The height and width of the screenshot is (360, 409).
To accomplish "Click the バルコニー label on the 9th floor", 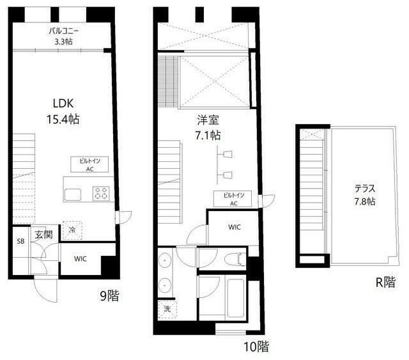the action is (64, 31).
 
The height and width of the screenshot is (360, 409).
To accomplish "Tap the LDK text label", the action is (63, 104).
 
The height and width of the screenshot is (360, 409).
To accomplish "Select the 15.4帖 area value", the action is (63, 120).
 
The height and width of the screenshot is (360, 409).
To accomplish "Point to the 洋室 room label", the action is (208, 120).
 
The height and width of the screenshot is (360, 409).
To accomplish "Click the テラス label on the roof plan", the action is (365, 189).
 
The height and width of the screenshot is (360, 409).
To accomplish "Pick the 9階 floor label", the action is (109, 296).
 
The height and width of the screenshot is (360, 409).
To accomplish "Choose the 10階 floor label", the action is (256, 347).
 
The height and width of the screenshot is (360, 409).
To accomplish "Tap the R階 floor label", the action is (385, 282).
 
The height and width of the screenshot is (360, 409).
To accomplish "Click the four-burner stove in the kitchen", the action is (101, 194).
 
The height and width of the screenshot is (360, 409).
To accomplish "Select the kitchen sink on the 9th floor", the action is (73, 195).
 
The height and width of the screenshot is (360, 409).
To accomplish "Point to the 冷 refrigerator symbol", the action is (72, 230).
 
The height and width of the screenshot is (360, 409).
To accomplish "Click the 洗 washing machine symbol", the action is (167, 309).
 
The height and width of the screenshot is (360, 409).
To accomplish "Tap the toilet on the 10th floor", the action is (238, 259).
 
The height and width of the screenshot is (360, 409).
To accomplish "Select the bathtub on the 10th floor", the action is (235, 298).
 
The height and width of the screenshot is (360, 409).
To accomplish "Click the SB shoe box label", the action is (20, 241).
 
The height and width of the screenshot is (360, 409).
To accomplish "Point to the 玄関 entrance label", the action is (43, 235).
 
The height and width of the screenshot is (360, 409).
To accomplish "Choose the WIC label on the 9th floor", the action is (80, 259).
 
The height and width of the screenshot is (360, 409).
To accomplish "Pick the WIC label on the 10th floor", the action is (235, 227).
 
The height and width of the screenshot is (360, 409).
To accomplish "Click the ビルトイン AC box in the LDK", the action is (89, 164).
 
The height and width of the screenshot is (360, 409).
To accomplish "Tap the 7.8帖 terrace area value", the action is (365, 201).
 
